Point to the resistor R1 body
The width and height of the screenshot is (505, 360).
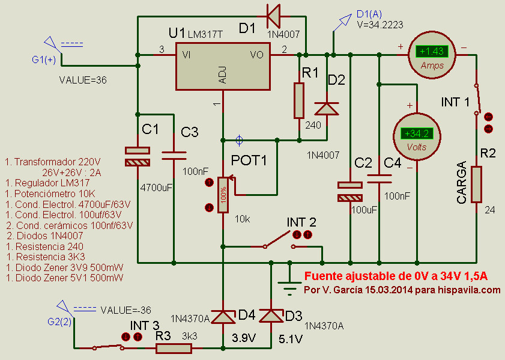[x=299, y=100]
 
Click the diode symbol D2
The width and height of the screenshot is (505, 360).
[x=327, y=109]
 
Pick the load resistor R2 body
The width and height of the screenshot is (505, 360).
[x=477, y=185]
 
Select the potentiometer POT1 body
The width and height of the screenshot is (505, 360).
[x=223, y=194]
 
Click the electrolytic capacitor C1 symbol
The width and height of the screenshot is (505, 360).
[x=138, y=156]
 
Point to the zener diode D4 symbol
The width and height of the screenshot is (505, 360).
[x=223, y=316]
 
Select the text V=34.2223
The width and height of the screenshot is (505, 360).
[x=380, y=25]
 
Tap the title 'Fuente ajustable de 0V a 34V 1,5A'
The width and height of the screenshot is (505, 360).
[x=396, y=276]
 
